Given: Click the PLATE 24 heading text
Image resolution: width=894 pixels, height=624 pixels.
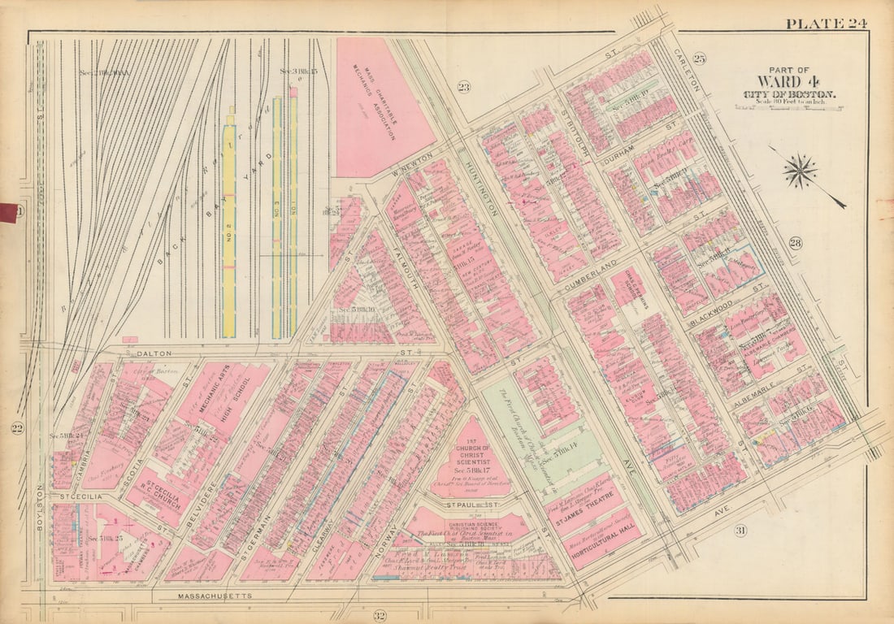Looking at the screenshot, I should (825, 23).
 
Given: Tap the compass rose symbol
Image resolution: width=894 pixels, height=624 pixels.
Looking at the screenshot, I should (801, 171).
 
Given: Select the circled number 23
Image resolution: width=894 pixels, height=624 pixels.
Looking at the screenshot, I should (463, 87).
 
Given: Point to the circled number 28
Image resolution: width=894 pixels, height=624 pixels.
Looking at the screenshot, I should (794, 243).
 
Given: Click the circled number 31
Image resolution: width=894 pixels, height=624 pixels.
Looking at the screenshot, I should (740, 531).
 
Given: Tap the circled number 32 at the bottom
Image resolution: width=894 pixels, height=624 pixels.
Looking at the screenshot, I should (379, 614).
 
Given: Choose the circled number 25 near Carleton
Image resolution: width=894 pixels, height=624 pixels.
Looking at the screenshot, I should (699, 58).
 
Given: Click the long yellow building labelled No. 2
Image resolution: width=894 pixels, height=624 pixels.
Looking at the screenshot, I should (229, 227).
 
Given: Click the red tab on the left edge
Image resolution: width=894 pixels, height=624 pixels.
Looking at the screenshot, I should (8, 213).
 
